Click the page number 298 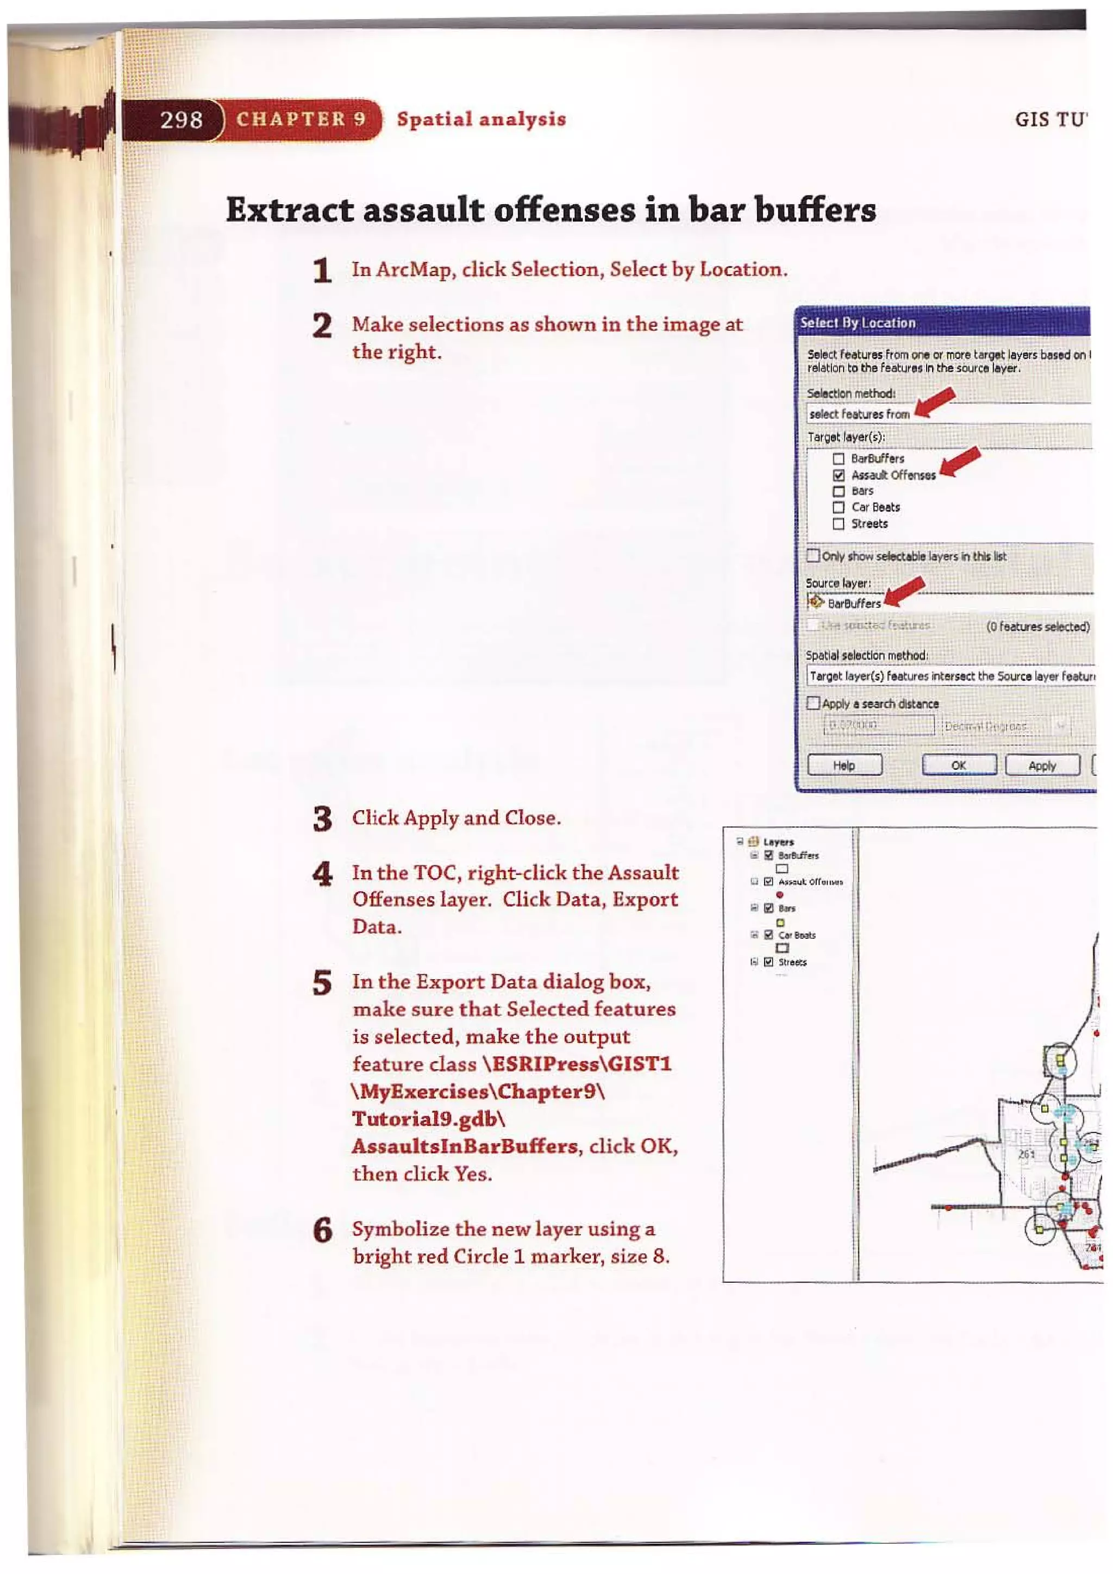(x=181, y=120)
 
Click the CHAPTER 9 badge (x=301, y=120)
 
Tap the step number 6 (x=323, y=1231)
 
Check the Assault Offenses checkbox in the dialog (x=838, y=475)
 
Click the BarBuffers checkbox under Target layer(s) (x=838, y=459)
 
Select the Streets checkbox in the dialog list (x=838, y=524)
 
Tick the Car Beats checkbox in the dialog (x=838, y=507)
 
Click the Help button (x=844, y=765)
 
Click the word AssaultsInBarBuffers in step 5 (x=464, y=1146)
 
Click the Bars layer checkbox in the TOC (x=769, y=908)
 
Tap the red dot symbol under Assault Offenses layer (x=780, y=895)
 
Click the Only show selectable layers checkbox (x=814, y=555)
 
